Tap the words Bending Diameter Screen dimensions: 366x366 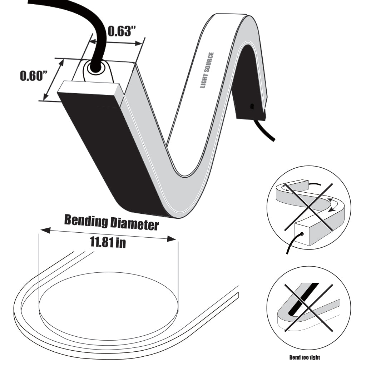(x=111, y=223)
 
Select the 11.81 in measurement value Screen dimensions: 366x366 (x=108, y=243)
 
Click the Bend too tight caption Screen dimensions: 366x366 (x=304, y=357)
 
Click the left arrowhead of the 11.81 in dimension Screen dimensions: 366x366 (x=43, y=230)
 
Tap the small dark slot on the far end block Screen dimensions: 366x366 (x=252, y=106)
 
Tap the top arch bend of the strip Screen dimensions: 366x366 (x=232, y=21)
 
